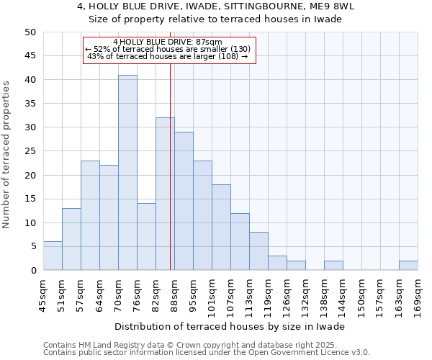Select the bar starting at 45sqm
tap(53, 256)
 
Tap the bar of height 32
tap(165, 194)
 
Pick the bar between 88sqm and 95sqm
tap(184, 202)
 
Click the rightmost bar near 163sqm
tap(408, 266)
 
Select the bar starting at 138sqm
tap(333, 266)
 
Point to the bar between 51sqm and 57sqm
tap(71, 240)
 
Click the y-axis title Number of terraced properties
tap(7, 155)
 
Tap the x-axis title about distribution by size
tap(230, 326)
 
